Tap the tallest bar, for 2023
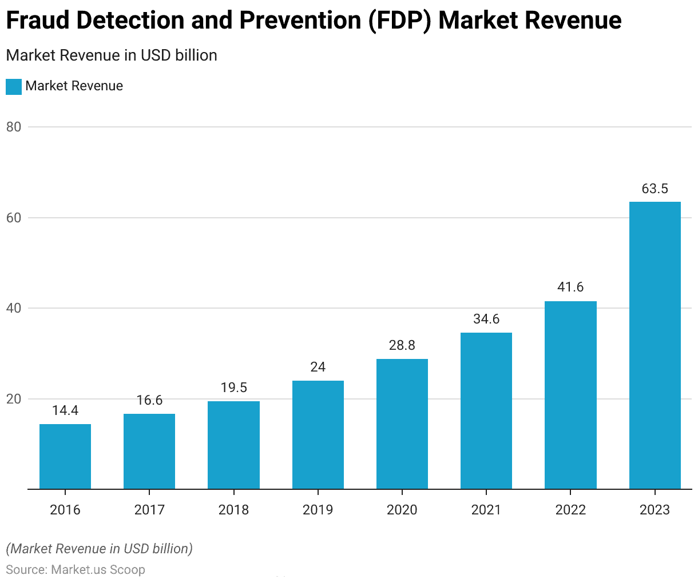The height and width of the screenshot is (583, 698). click(x=655, y=345)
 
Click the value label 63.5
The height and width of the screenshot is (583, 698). click(x=655, y=189)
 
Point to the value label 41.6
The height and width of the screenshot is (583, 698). click(x=570, y=287)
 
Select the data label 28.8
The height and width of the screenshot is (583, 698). click(x=402, y=345)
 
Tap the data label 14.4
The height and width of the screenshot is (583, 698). click(x=65, y=410)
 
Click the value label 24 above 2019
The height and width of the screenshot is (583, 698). click(x=318, y=367)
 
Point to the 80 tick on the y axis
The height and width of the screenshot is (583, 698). click(x=14, y=127)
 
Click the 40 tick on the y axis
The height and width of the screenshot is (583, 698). click(x=14, y=308)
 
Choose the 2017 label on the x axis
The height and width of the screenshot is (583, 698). click(x=149, y=510)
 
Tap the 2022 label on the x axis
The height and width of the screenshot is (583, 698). click(x=570, y=510)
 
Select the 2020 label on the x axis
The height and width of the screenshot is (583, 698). click(x=402, y=510)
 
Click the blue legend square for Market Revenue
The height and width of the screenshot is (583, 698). click(x=14, y=86)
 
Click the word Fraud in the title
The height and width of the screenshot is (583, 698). click(x=37, y=21)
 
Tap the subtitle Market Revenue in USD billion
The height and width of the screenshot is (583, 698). click(x=112, y=55)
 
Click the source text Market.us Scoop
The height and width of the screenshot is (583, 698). click(x=98, y=569)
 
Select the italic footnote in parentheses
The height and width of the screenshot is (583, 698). click(x=100, y=549)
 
